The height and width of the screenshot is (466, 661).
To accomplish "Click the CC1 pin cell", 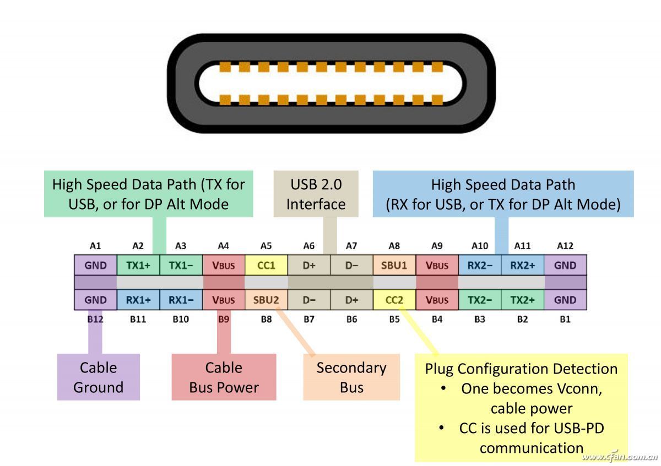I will click(x=266, y=265).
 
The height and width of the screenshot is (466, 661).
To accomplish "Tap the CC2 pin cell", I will click(x=394, y=300).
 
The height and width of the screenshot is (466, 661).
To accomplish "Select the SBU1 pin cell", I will click(x=394, y=265).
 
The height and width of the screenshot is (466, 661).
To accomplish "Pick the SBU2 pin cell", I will click(x=266, y=300).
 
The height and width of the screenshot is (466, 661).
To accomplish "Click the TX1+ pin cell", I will click(x=138, y=265).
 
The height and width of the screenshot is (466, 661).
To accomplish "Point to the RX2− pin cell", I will click(x=480, y=265).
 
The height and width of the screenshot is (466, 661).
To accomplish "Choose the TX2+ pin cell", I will click(x=522, y=300).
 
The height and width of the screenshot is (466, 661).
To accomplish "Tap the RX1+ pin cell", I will click(x=138, y=300).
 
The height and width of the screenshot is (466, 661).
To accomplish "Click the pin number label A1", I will click(x=95, y=246).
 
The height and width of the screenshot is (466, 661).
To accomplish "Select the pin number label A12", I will click(x=565, y=246).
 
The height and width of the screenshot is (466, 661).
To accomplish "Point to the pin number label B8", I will click(x=266, y=319).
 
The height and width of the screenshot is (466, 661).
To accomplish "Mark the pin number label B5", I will click(x=394, y=319).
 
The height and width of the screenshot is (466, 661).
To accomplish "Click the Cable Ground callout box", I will click(x=99, y=377).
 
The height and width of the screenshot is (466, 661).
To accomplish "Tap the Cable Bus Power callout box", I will click(x=224, y=377).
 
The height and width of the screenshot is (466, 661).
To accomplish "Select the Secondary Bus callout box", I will click(x=351, y=377).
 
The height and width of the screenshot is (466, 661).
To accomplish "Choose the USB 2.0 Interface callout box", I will click(x=316, y=194).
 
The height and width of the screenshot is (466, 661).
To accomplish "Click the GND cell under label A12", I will click(x=565, y=265).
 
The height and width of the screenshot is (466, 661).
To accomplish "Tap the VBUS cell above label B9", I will click(x=224, y=300).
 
